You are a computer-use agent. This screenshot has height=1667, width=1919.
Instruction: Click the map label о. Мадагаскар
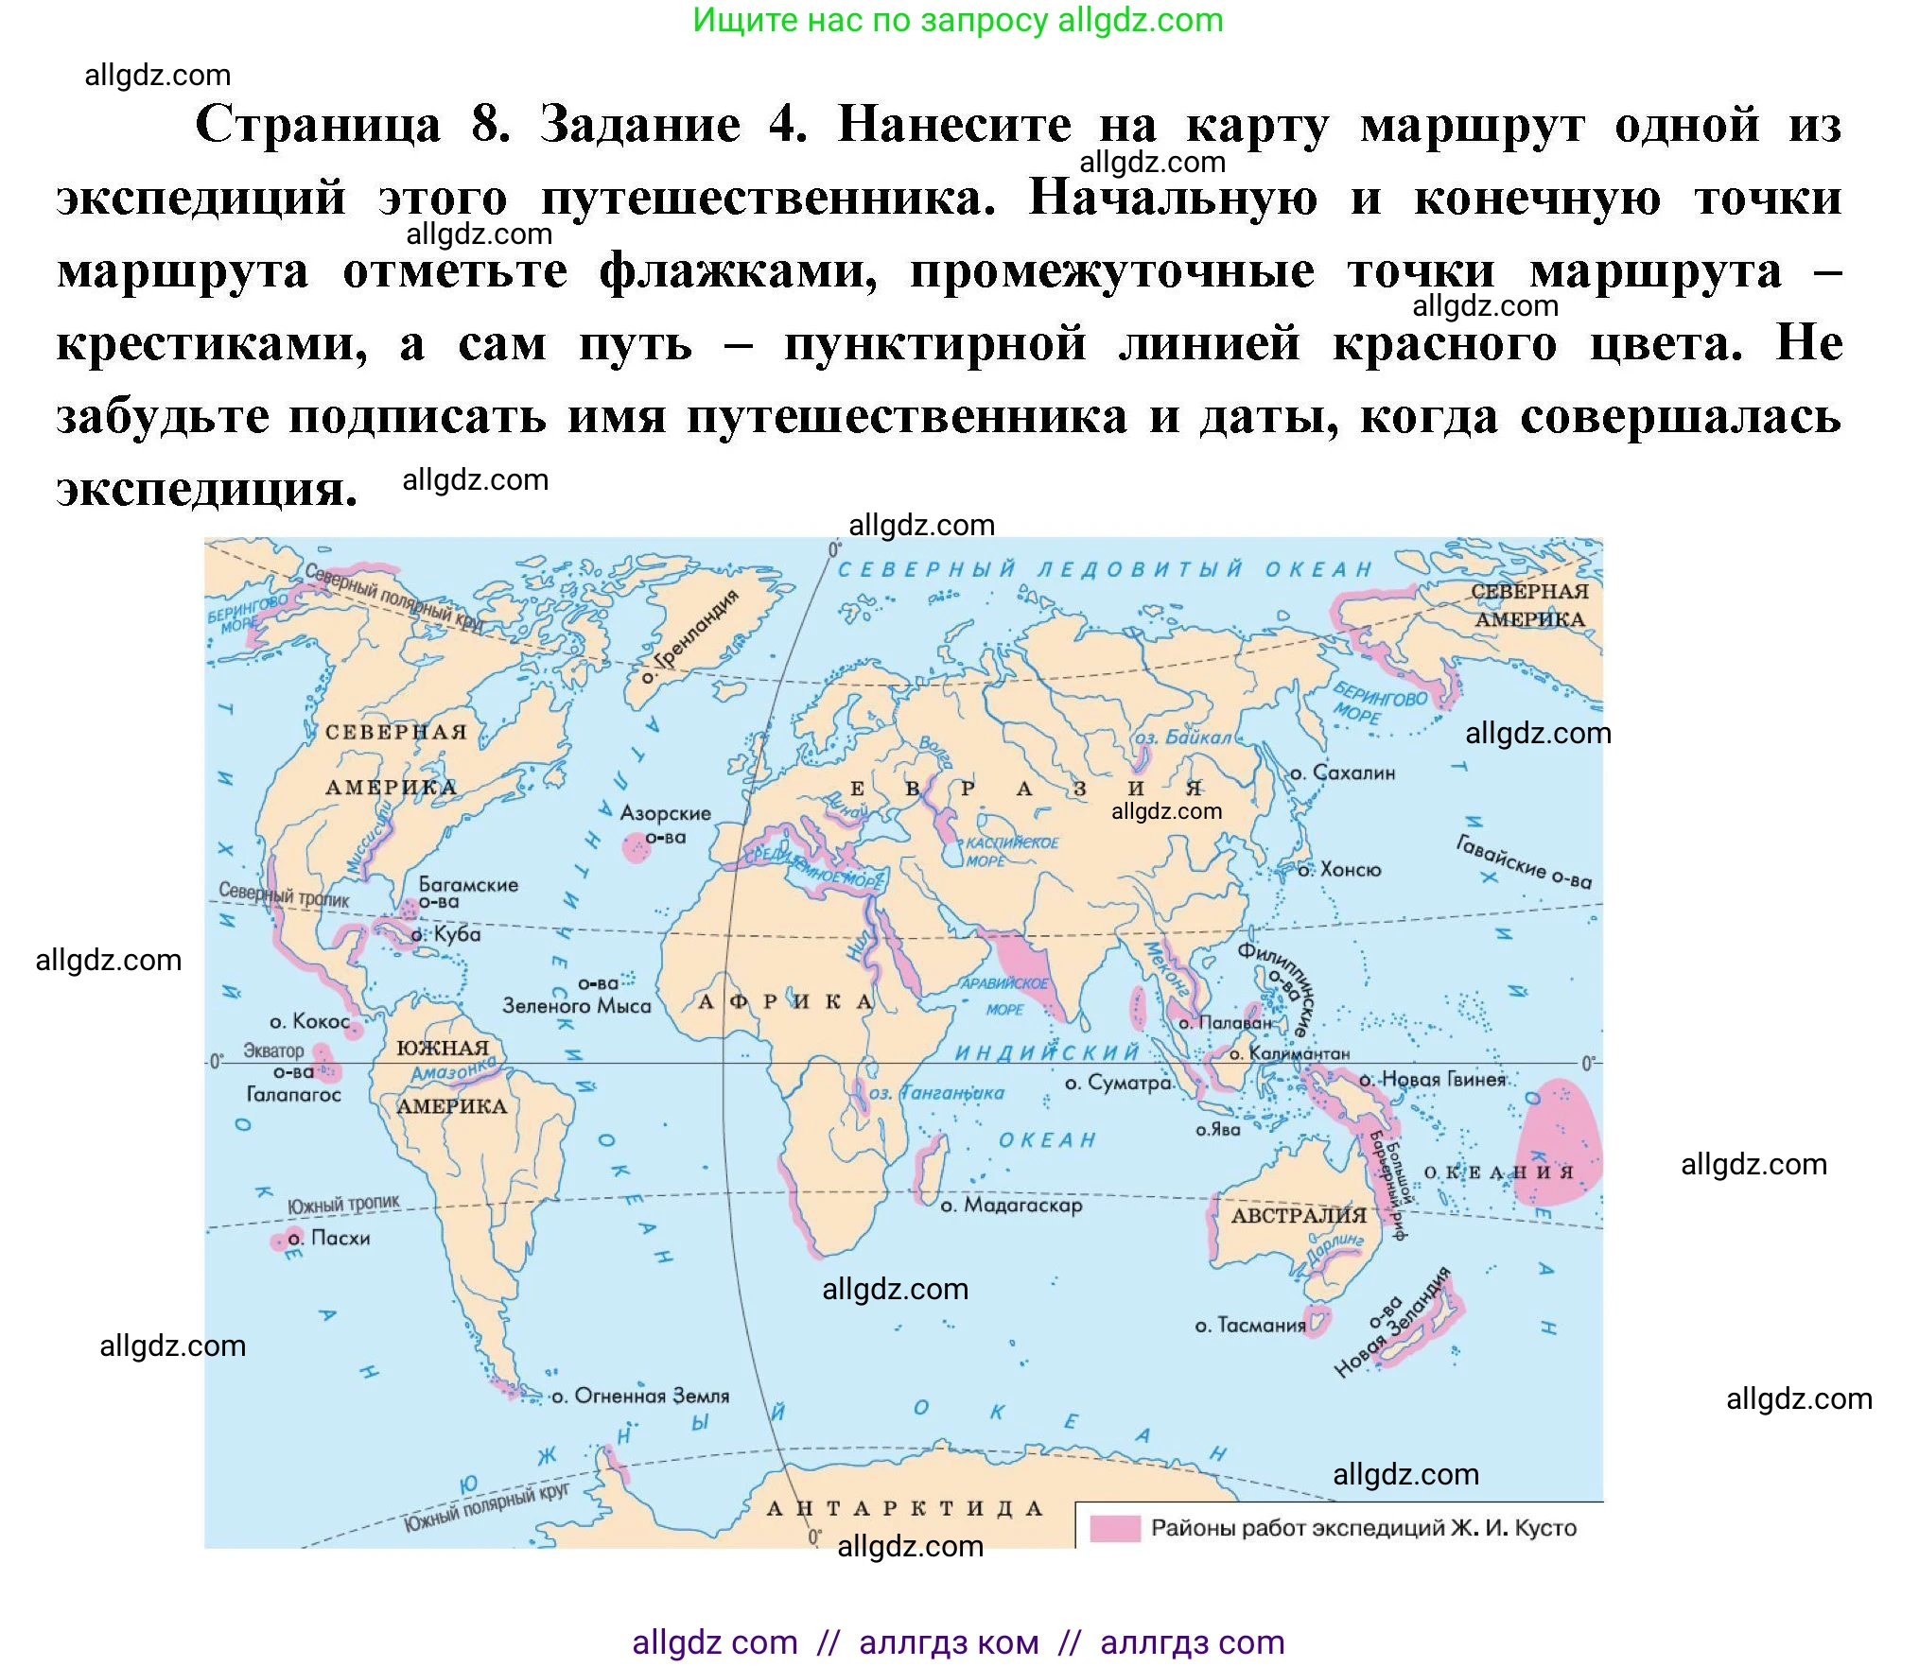[x=1011, y=1206]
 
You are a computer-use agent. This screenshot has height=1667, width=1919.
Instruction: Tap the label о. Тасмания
[x=1249, y=1326]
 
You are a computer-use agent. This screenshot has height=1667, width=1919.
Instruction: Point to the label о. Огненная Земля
[x=640, y=1396]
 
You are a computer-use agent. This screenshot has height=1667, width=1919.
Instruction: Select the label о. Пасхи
[x=328, y=1238]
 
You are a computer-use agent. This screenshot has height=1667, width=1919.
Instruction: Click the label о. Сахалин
[x=1342, y=773]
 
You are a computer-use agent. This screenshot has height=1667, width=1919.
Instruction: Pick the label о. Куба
[x=446, y=934]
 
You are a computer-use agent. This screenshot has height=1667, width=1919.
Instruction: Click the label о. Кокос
[x=309, y=1021]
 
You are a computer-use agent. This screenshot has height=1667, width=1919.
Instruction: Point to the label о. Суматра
[x=1118, y=1083]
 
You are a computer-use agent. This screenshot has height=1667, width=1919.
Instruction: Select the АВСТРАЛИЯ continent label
[x=1298, y=1215]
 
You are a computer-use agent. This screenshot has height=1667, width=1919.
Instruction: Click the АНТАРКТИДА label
[x=904, y=1508]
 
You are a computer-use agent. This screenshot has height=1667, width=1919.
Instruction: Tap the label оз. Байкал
[x=1182, y=738]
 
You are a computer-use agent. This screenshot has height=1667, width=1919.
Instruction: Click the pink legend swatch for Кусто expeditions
[x=1114, y=1528]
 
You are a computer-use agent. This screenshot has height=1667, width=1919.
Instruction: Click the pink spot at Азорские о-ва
[x=636, y=847]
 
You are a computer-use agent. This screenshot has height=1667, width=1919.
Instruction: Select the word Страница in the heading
[x=318, y=125]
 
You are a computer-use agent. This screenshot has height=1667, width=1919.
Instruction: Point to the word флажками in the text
[x=738, y=271]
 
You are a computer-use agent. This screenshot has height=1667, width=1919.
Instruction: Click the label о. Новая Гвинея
[x=1432, y=1080]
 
